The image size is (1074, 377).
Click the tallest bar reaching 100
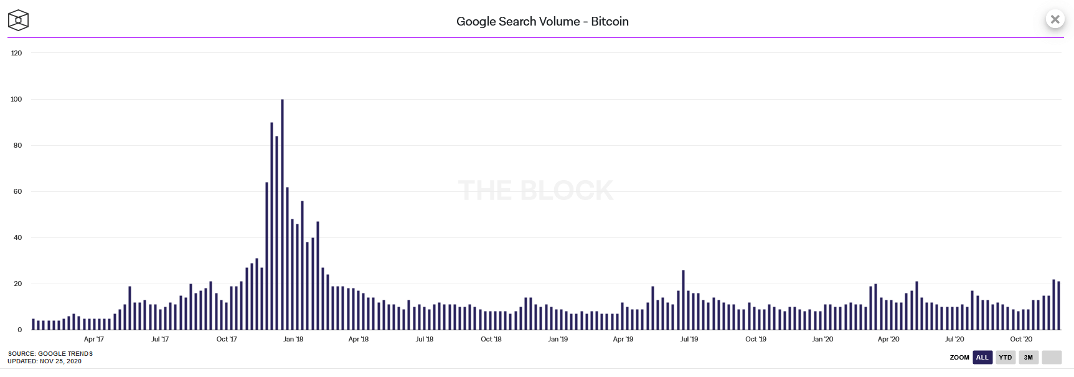coord(282,214)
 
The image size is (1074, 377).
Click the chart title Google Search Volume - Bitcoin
coord(542,21)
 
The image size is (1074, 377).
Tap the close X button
coord(1055,19)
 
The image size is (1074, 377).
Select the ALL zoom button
coord(982,357)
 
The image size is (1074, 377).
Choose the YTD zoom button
coord(1006,357)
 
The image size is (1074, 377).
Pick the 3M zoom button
coord(1029,357)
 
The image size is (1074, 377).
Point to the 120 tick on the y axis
coord(16,53)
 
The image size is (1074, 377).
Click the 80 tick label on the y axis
coord(17,145)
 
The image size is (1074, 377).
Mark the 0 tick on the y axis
coord(20,330)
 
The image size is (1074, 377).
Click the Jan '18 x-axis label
coord(293,339)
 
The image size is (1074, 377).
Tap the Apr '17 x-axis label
coord(94,339)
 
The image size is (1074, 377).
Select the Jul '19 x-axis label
coord(689,339)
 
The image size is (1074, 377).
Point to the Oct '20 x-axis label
coord(1021,339)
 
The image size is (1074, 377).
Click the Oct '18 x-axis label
coord(491,339)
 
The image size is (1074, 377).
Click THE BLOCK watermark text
coord(535,190)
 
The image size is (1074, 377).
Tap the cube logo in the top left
coord(18,20)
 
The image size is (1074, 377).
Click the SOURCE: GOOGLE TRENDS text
coord(50,353)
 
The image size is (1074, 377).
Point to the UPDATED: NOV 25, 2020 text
coord(44,361)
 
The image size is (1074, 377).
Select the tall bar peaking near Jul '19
coord(683,300)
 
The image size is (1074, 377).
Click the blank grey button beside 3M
coord(1052,357)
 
